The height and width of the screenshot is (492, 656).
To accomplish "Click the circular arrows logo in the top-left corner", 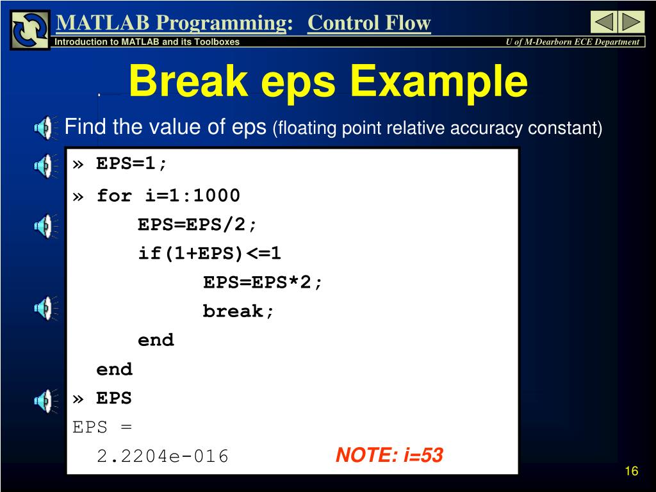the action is [x=30, y=29].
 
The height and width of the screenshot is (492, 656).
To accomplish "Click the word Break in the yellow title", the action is [x=188, y=80].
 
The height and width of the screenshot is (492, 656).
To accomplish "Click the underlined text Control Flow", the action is [x=369, y=22].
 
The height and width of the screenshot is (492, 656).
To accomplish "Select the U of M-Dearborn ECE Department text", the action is [x=572, y=42].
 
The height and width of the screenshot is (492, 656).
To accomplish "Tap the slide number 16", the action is [x=631, y=471].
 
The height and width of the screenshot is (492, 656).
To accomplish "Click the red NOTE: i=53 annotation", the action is [x=389, y=455].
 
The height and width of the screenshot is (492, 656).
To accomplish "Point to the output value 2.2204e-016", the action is [x=162, y=456].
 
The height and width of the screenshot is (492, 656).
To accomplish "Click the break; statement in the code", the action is [x=238, y=311].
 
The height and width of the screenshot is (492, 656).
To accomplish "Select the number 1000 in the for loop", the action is [x=217, y=195].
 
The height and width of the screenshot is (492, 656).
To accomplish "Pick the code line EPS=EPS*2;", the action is [x=262, y=283].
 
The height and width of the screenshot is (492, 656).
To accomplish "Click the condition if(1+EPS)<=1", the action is [x=209, y=254].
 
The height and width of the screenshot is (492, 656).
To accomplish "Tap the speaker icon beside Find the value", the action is [x=45, y=127].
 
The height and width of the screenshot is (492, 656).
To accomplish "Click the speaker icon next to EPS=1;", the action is [x=45, y=166].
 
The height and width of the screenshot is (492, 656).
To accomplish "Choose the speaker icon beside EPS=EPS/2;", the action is [x=45, y=226].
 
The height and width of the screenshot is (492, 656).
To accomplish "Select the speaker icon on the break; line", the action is [x=45, y=308].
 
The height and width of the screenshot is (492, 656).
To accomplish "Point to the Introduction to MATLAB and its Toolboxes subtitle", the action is [x=147, y=42].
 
